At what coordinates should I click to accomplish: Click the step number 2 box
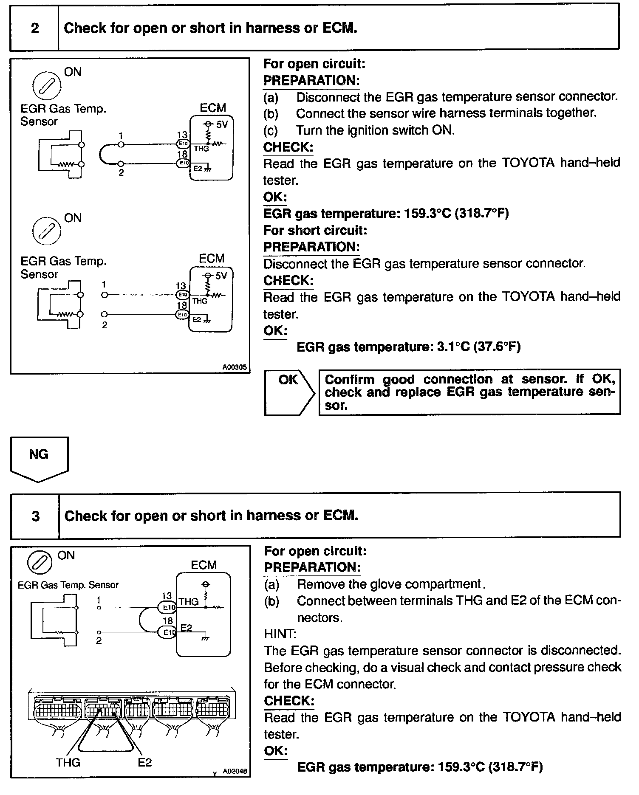(x=34, y=28)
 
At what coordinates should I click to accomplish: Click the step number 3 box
(x=35, y=516)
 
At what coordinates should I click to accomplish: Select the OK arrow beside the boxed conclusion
(x=289, y=392)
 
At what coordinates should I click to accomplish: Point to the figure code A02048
(x=235, y=771)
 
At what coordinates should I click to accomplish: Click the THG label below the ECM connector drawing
(x=68, y=762)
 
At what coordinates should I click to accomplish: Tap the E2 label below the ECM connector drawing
(x=144, y=762)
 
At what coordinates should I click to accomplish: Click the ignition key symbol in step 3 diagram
(x=40, y=564)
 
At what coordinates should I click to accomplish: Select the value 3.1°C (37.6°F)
(x=478, y=347)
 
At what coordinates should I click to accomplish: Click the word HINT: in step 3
(x=280, y=634)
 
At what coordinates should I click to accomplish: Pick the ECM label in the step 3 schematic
(x=204, y=565)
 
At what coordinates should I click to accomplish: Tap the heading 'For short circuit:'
(x=315, y=230)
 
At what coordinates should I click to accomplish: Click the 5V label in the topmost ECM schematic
(x=222, y=125)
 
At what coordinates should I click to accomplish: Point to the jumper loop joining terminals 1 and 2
(x=102, y=155)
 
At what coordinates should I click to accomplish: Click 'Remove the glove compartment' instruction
(x=390, y=584)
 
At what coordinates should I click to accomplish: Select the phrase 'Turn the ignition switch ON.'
(x=375, y=130)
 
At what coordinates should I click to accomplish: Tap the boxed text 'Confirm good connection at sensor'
(x=469, y=392)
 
